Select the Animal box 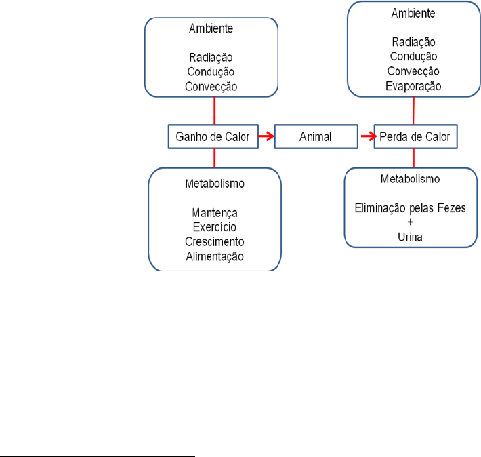click(x=316, y=137)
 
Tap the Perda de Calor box click(x=414, y=137)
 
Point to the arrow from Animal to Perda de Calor click(x=367, y=137)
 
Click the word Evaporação click(x=413, y=86)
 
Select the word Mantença click(x=214, y=211)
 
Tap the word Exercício click(x=214, y=226)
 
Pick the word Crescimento click(x=214, y=241)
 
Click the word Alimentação click(x=214, y=256)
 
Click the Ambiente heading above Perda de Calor click(x=413, y=12)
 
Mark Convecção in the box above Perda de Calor click(x=413, y=71)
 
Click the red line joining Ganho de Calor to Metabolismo click(x=215, y=158)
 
